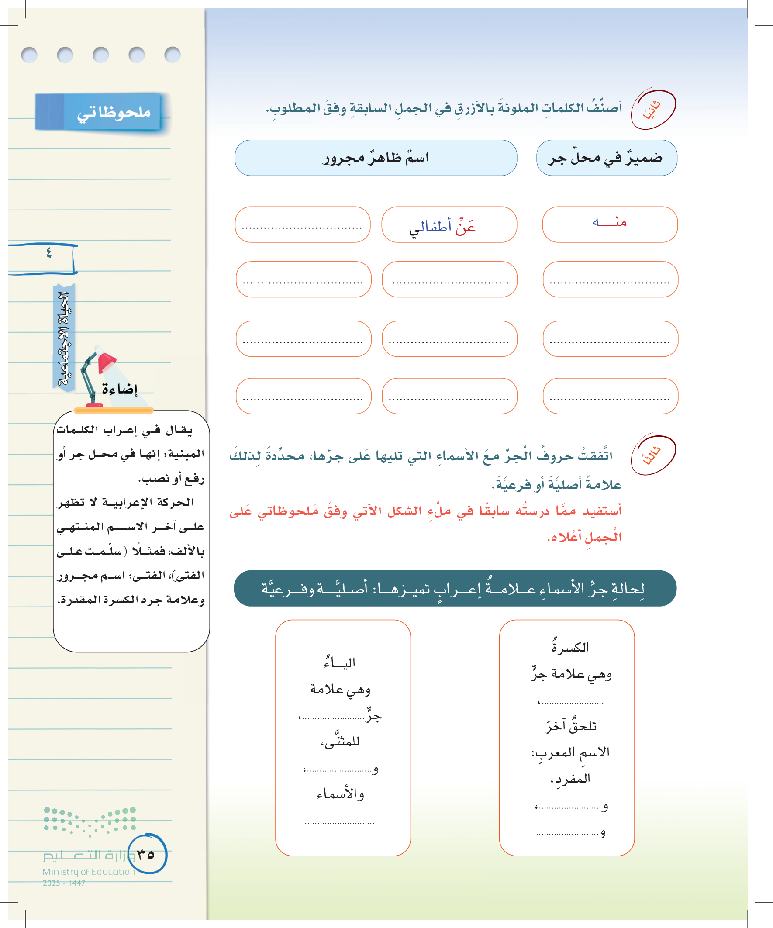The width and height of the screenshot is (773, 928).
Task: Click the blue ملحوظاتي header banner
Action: [98, 112]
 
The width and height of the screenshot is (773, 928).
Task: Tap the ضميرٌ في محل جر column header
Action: [606, 158]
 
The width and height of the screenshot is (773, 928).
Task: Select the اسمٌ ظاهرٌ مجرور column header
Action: [376, 158]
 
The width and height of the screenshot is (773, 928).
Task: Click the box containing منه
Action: [610, 224]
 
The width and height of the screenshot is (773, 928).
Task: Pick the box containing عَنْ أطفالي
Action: [449, 224]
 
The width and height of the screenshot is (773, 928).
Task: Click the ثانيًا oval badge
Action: [653, 110]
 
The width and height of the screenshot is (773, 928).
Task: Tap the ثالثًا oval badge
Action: [653, 455]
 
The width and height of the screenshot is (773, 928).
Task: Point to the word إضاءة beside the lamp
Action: [120, 389]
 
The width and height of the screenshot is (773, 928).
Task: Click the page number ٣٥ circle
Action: [147, 854]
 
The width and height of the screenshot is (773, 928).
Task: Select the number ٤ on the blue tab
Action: [48, 253]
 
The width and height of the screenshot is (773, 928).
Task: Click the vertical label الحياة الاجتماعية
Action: [64, 338]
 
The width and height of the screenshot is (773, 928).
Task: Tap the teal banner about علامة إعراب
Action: [455, 588]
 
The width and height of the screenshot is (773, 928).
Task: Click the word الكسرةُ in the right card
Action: [570, 646]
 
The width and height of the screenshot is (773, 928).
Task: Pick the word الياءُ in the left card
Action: [339, 662]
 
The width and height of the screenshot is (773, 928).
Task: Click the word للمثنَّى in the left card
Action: [340, 742]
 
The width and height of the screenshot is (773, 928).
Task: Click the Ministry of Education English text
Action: [89, 872]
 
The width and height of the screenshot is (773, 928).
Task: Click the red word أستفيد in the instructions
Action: [601, 511]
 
